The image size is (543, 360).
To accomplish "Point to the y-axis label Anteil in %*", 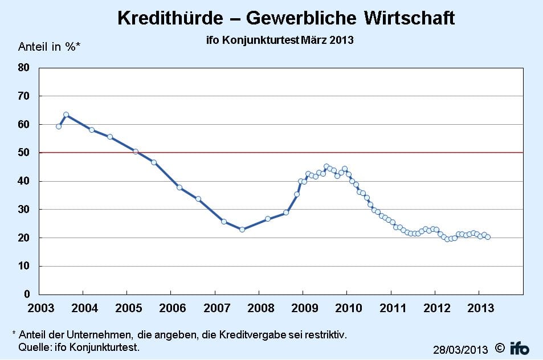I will coord(50,47).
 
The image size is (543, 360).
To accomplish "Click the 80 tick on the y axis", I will coord(23,68).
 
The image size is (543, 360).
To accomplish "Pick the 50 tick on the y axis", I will coord(23,153).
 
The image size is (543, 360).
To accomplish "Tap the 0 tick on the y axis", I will coord(26,294).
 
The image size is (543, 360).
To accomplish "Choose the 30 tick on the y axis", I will coord(23,210).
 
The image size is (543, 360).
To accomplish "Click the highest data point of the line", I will coord(66,114).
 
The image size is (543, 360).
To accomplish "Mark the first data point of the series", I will coord(59,126).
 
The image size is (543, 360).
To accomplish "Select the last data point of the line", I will coord(488,237).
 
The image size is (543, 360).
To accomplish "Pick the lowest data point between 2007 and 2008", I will coord(242,230).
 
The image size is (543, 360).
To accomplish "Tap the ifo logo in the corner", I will coord(519,347).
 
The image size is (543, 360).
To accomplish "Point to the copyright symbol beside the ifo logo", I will coord(499,347).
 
